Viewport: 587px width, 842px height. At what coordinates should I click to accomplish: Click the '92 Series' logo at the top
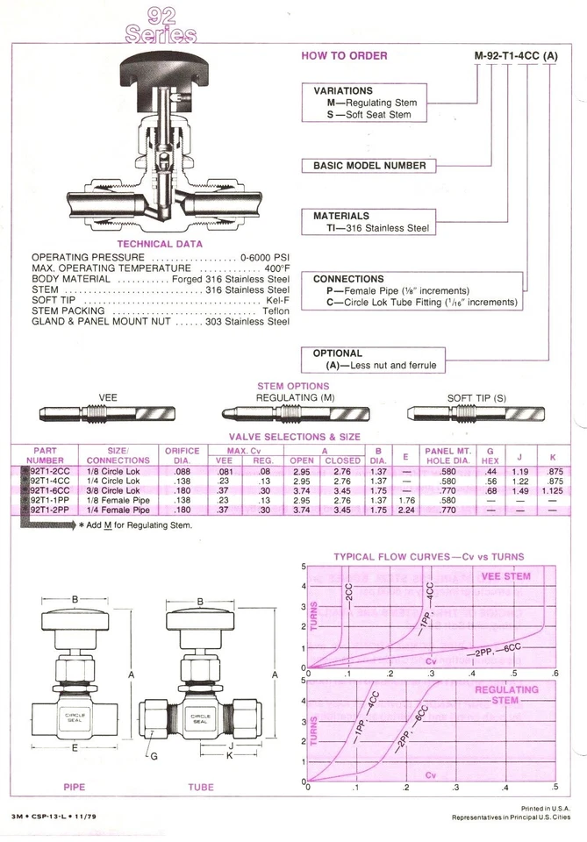click(161, 25)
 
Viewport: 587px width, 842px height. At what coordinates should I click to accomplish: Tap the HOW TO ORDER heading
click(344, 55)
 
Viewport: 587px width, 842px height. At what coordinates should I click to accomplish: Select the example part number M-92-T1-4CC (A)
click(516, 56)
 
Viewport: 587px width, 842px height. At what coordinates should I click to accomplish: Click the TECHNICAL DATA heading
click(160, 244)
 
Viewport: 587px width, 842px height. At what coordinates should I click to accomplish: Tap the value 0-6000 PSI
click(264, 257)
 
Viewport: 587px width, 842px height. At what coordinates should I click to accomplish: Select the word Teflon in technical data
click(276, 310)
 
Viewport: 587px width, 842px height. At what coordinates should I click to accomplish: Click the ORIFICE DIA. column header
click(182, 455)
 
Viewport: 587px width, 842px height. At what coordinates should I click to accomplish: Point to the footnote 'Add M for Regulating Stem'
click(136, 524)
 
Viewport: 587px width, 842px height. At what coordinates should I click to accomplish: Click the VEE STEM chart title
click(506, 576)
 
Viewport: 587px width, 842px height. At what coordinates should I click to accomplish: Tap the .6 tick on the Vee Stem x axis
click(554, 673)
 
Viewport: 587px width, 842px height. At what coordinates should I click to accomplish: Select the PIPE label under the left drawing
click(74, 787)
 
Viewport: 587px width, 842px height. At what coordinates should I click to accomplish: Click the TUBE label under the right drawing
click(200, 787)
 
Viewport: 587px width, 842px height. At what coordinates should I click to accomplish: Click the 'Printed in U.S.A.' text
click(546, 808)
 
